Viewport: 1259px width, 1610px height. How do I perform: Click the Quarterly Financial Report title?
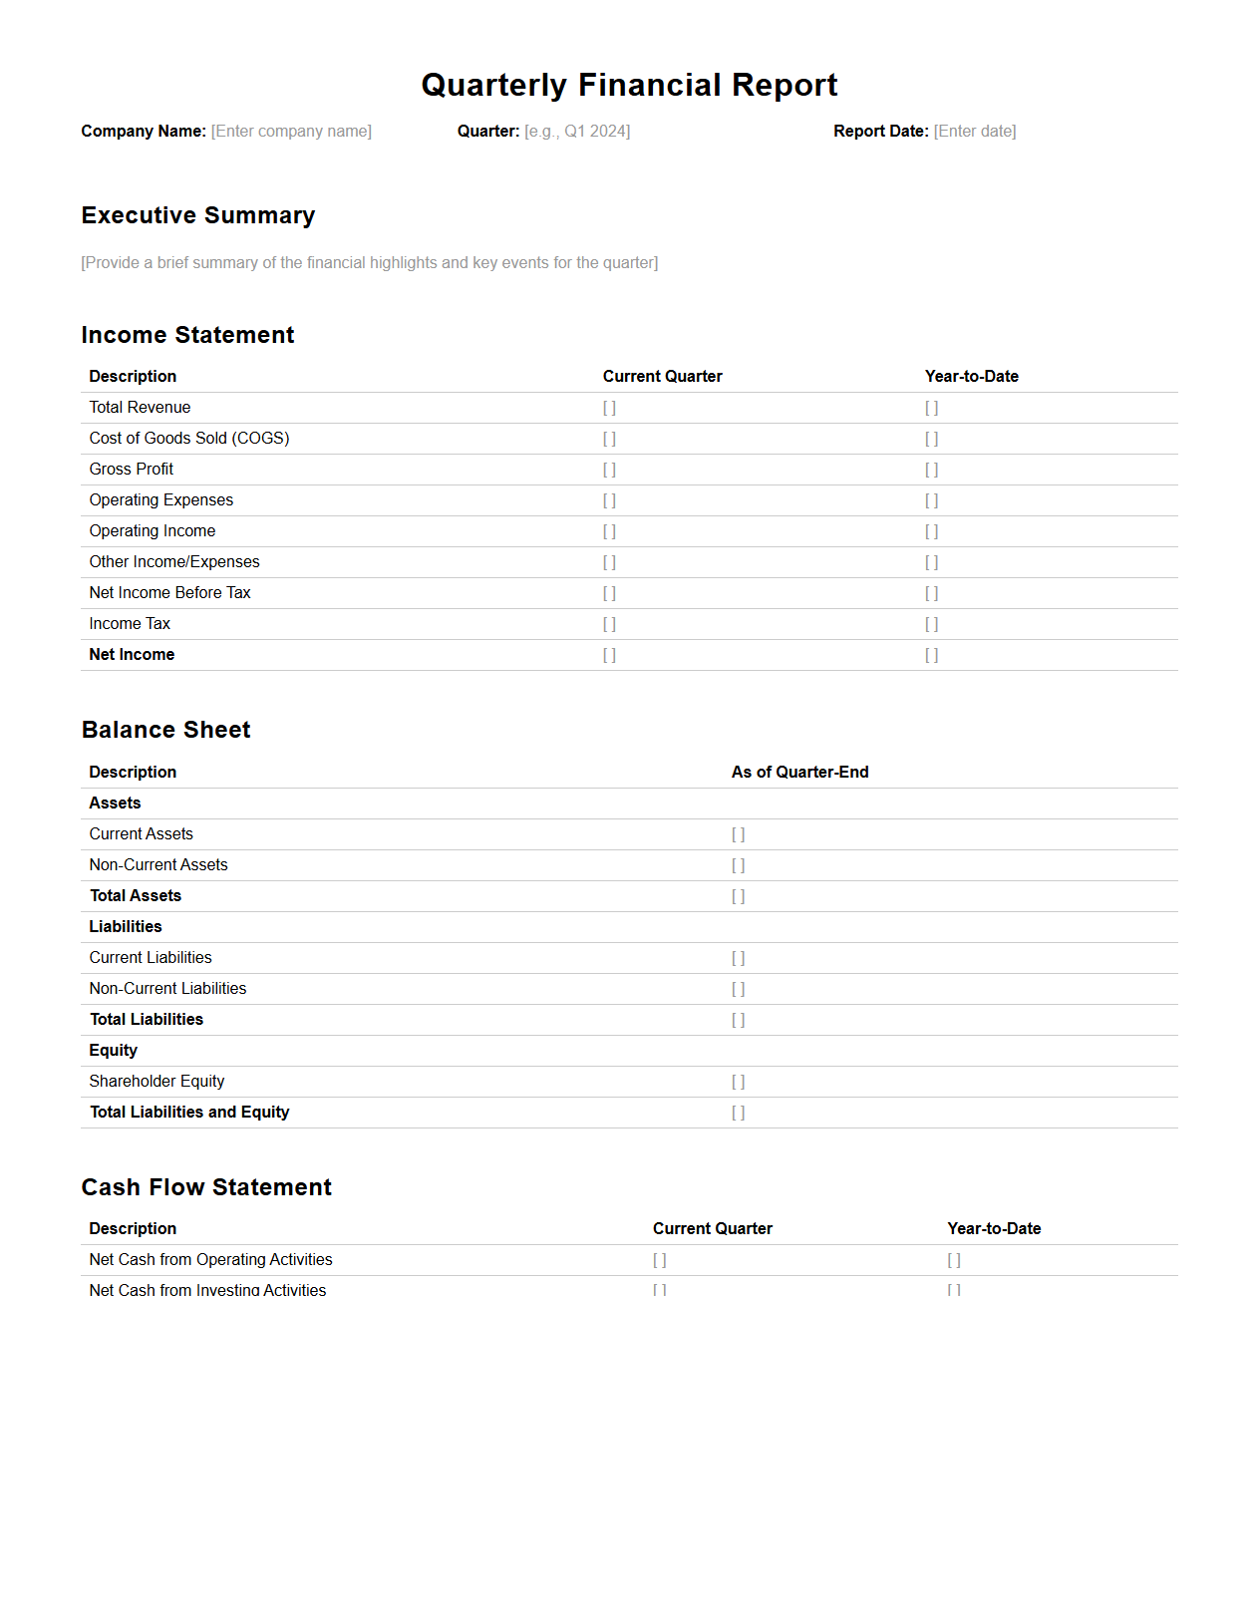pos(629,86)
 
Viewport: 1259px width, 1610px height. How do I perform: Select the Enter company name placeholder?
pos(291,132)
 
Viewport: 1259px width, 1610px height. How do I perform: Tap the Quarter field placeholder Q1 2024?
pos(577,132)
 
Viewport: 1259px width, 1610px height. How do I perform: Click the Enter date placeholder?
pos(975,132)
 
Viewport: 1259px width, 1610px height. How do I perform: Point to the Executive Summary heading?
pos(198,216)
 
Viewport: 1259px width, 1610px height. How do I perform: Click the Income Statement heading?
pos(187,336)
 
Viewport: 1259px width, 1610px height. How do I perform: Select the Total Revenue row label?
pos(140,408)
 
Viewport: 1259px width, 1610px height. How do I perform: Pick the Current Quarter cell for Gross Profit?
pos(609,470)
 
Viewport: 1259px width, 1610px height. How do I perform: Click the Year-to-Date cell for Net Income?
pos(931,655)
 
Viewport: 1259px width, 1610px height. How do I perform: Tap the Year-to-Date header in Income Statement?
pos(971,377)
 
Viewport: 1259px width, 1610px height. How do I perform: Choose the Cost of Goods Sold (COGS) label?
pos(189,439)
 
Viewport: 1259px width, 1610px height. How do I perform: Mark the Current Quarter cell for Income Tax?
pos(609,624)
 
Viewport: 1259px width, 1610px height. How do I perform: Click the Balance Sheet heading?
pos(165,731)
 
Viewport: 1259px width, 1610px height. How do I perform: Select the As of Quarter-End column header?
pos(799,773)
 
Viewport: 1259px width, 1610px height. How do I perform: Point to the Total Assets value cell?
pos(738,896)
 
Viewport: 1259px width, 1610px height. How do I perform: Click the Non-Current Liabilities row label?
pos(167,989)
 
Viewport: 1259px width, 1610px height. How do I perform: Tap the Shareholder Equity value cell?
pos(738,1082)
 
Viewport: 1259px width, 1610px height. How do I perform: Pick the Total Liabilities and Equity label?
pos(189,1113)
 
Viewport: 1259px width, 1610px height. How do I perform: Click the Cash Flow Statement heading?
pos(206,1188)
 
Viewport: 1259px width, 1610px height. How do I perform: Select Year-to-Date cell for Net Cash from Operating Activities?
pos(954,1260)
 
